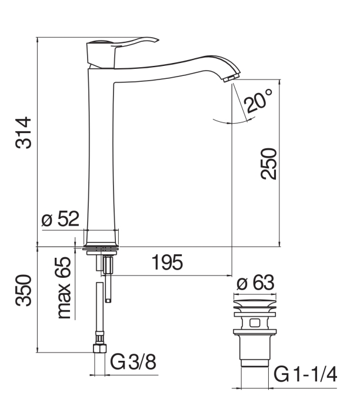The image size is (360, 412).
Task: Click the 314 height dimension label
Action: click(23, 133)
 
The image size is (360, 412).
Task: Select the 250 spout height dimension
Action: click(268, 164)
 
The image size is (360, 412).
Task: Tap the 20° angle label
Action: click(258, 101)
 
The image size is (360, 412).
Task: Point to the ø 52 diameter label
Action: click(60, 218)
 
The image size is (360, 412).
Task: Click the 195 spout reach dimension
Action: click(167, 263)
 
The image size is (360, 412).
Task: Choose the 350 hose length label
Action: click(23, 290)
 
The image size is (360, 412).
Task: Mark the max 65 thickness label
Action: click(64, 288)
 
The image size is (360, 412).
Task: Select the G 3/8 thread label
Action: click(133, 362)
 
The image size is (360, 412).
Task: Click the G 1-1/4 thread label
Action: click(305, 374)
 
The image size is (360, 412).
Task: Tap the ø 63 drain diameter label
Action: click(255, 283)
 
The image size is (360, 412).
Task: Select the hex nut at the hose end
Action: click(100, 348)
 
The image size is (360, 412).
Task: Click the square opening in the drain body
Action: click(255, 323)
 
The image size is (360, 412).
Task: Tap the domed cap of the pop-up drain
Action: click(255, 303)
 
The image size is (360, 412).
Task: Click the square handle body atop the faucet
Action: click(101, 55)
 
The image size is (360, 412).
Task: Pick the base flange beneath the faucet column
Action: click(101, 248)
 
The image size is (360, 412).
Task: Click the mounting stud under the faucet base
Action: click(108, 278)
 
